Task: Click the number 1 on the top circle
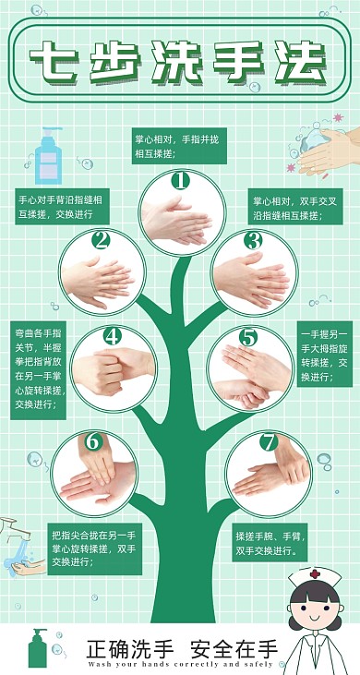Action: tap(179, 180)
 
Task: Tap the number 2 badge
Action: tap(101, 241)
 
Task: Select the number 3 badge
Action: tap(253, 241)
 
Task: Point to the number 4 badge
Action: tap(112, 336)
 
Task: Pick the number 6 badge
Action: tap(92, 441)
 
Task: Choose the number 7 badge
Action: tap(268, 442)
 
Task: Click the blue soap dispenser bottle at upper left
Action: tap(47, 158)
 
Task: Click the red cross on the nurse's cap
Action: tap(315, 574)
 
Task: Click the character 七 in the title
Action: tap(52, 62)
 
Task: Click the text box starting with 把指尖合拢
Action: tap(94, 548)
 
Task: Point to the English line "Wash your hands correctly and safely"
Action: tap(181, 663)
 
